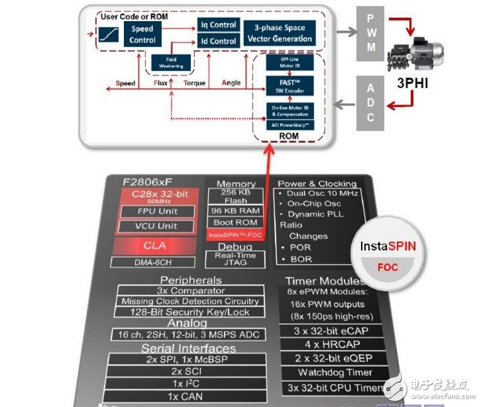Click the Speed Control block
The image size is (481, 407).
(x=142, y=34)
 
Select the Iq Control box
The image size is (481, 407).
(x=218, y=25)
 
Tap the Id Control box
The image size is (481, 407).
(x=218, y=41)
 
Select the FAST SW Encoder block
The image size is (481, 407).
(x=286, y=85)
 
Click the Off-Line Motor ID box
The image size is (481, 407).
(x=286, y=64)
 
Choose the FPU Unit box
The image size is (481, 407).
(x=156, y=212)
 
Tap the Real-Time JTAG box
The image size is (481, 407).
(x=236, y=259)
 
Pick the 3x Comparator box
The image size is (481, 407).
(x=191, y=291)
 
